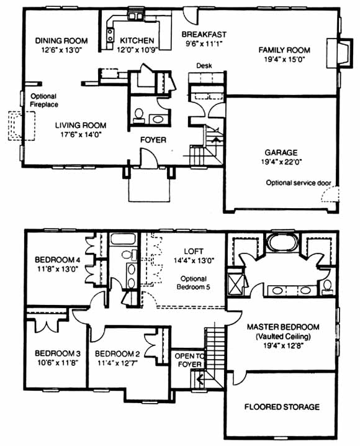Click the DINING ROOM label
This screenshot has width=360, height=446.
[x=61, y=40]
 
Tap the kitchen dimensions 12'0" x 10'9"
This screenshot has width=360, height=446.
[x=138, y=50]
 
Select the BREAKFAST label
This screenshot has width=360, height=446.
[x=204, y=34]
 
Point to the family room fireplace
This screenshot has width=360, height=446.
[x=340, y=53]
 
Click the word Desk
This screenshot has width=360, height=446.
[x=204, y=66]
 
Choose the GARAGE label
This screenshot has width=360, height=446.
[x=281, y=153]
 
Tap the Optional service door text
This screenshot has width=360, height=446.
[x=299, y=183]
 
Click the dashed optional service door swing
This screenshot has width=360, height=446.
[x=330, y=194]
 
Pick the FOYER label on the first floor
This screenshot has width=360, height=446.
[x=153, y=140]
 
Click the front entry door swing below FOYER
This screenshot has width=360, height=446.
[x=148, y=157]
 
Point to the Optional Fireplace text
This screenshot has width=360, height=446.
[x=44, y=101]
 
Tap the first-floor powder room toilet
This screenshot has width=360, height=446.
[x=138, y=116]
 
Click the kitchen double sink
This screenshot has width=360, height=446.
[x=135, y=16]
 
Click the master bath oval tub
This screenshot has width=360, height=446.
[x=283, y=243]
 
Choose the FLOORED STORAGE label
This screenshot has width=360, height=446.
[x=282, y=407]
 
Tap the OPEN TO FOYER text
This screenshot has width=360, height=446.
[x=189, y=360]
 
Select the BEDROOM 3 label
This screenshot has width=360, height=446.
[x=58, y=353]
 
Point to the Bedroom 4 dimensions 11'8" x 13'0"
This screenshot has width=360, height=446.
[x=58, y=269]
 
